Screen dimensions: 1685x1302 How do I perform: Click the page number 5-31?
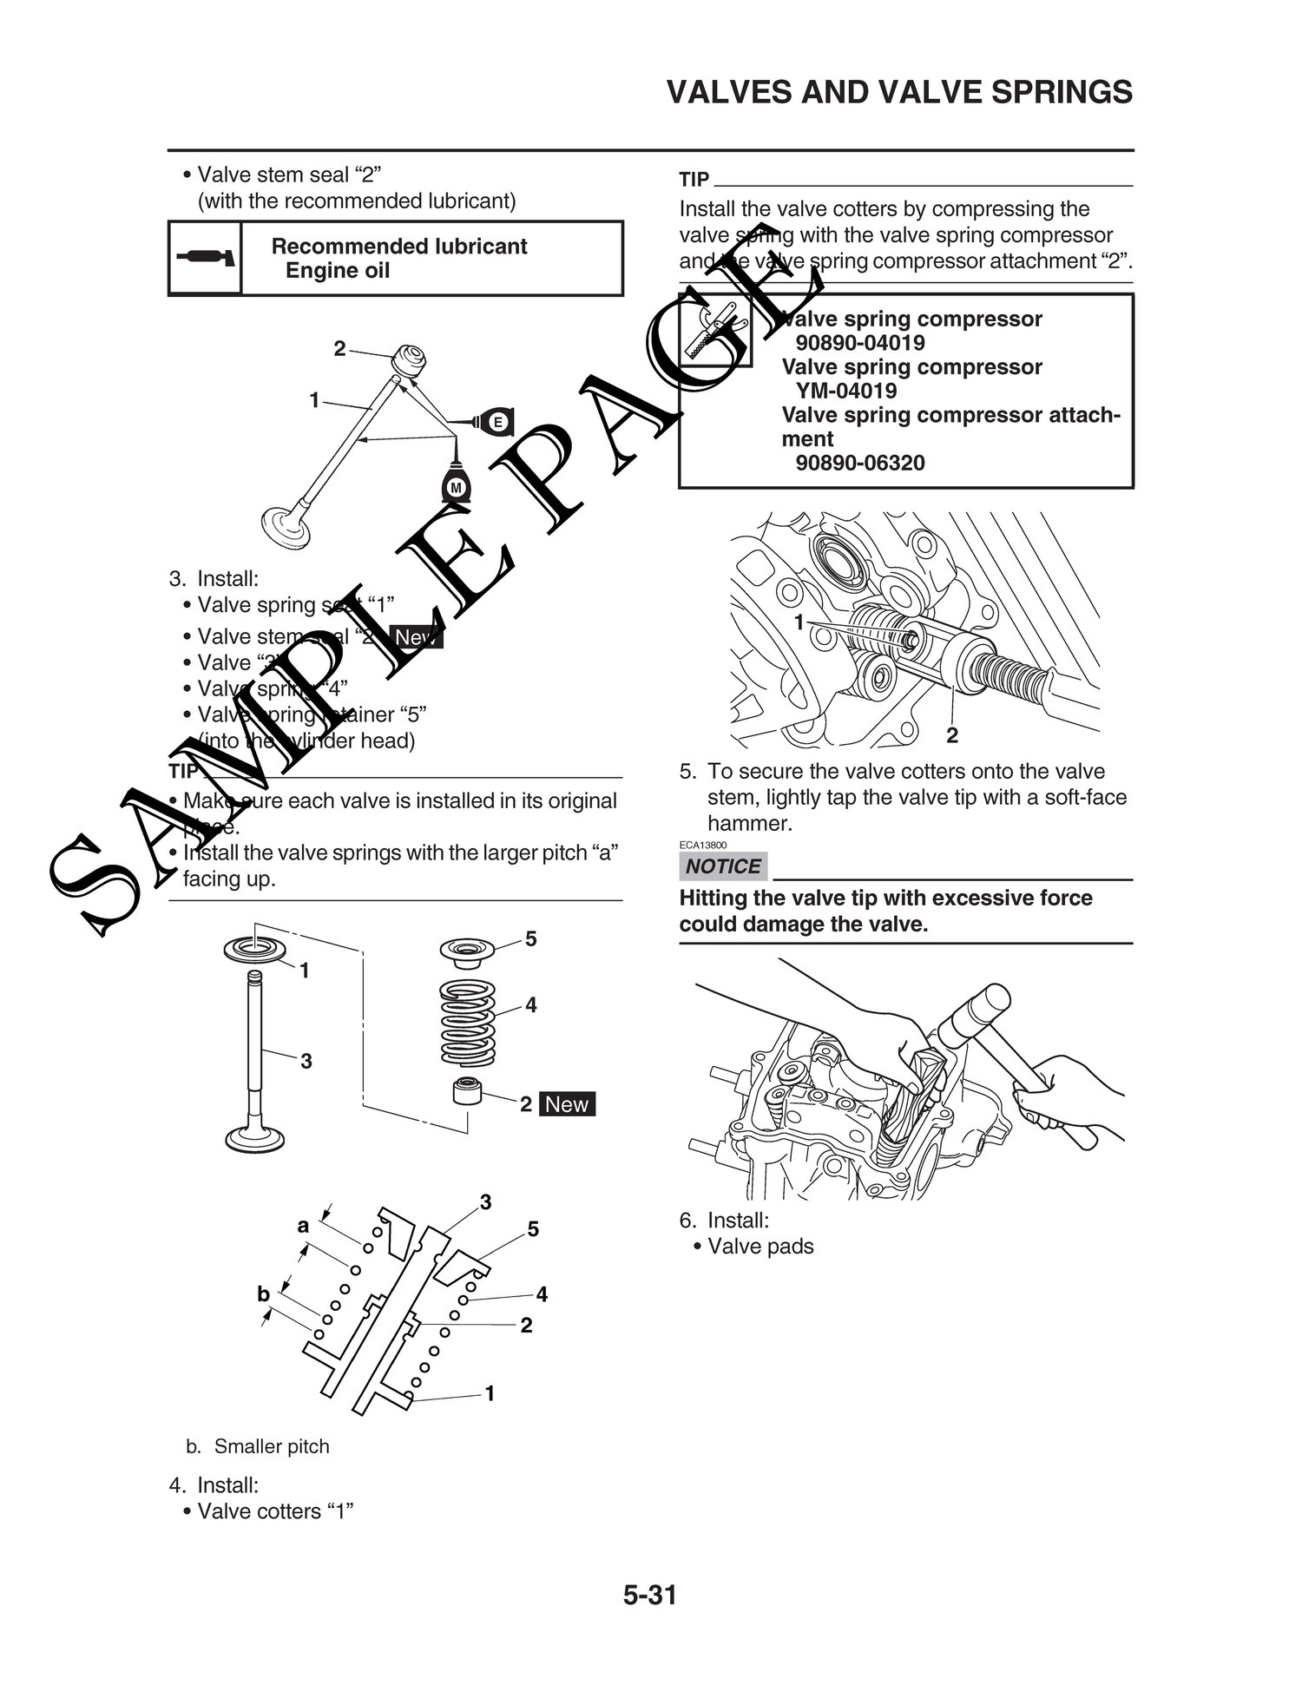[649, 1596]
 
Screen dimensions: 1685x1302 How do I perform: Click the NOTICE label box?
[723, 866]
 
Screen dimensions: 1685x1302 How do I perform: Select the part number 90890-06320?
[860, 464]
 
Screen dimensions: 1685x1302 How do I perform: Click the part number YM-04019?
[846, 391]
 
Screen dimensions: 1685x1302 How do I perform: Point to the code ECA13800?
[703, 845]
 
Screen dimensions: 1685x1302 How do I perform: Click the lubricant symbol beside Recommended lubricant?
[205, 259]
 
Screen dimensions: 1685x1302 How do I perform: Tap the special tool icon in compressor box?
[715, 330]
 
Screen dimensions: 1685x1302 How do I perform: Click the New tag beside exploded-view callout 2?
[567, 1104]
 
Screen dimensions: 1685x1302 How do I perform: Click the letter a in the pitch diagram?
[303, 1226]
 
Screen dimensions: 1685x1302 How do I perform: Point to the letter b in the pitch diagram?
[263, 1294]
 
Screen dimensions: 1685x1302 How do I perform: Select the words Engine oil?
[338, 271]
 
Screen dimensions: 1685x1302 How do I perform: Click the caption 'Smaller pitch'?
[272, 1446]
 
